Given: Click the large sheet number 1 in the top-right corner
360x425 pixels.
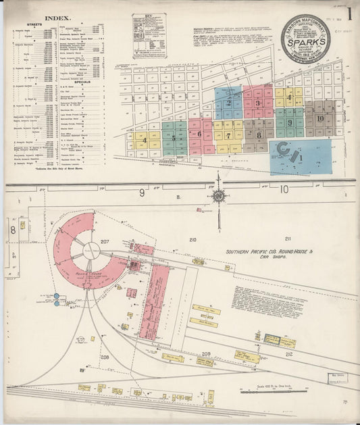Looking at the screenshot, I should (x=349, y=13).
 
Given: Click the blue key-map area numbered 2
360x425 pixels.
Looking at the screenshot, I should (x=229, y=103).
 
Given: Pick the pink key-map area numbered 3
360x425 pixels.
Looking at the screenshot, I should (x=257, y=103).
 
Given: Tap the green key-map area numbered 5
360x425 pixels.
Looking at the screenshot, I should (x=174, y=137).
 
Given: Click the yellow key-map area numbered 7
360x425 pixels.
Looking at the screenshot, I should (x=229, y=134).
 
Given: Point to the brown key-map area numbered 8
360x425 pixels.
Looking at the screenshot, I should (x=258, y=134).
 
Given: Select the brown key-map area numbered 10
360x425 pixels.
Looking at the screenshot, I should (x=319, y=118).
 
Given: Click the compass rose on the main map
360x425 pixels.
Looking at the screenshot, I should (x=219, y=196).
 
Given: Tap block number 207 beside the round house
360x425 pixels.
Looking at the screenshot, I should (x=105, y=241).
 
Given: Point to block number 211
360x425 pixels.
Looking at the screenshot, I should (x=288, y=239).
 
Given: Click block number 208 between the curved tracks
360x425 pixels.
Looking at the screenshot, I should (x=105, y=356).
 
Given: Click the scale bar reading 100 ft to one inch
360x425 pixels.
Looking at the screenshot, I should (x=268, y=390).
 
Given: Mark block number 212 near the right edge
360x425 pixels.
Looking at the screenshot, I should (x=289, y=353).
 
